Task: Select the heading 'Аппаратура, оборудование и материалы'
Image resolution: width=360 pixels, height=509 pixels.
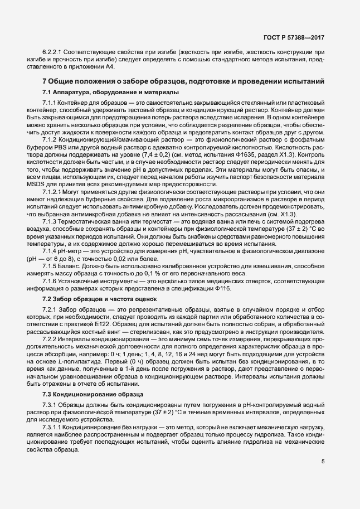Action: pyautogui.click(x=115, y=91)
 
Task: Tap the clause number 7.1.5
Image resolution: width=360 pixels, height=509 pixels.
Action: pyautogui.click(x=50, y=265)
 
